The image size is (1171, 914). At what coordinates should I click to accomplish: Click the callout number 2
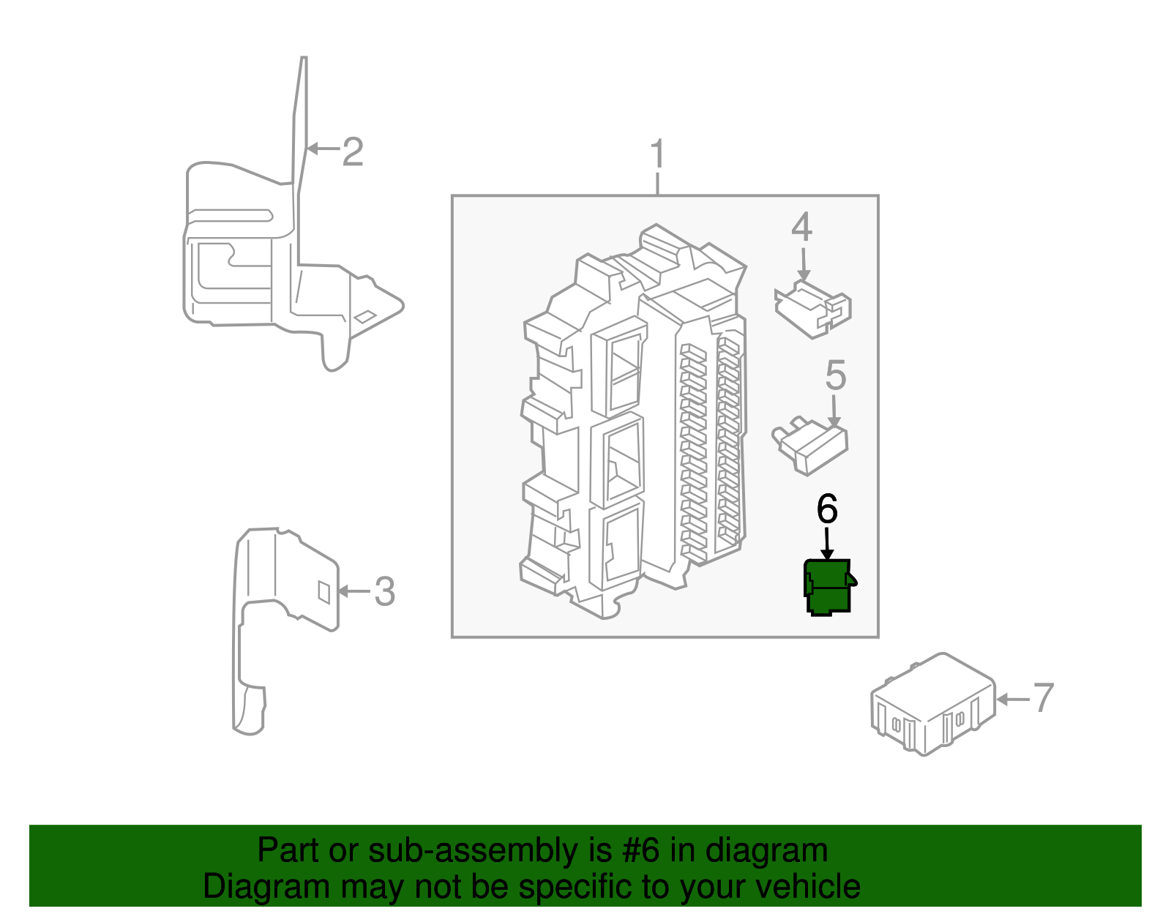(352, 152)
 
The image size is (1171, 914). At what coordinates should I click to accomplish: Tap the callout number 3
(384, 591)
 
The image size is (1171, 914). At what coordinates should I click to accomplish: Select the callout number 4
(801, 228)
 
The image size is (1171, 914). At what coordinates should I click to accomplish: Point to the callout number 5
(835, 375)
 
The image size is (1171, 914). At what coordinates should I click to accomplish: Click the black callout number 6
(827, 509)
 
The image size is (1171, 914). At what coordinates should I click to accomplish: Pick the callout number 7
(1043, 697)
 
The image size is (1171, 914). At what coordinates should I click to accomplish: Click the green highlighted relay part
(829, 587)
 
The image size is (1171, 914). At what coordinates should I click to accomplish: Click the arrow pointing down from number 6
(827, 545)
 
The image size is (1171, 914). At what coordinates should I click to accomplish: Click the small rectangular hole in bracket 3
(323, 591)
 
